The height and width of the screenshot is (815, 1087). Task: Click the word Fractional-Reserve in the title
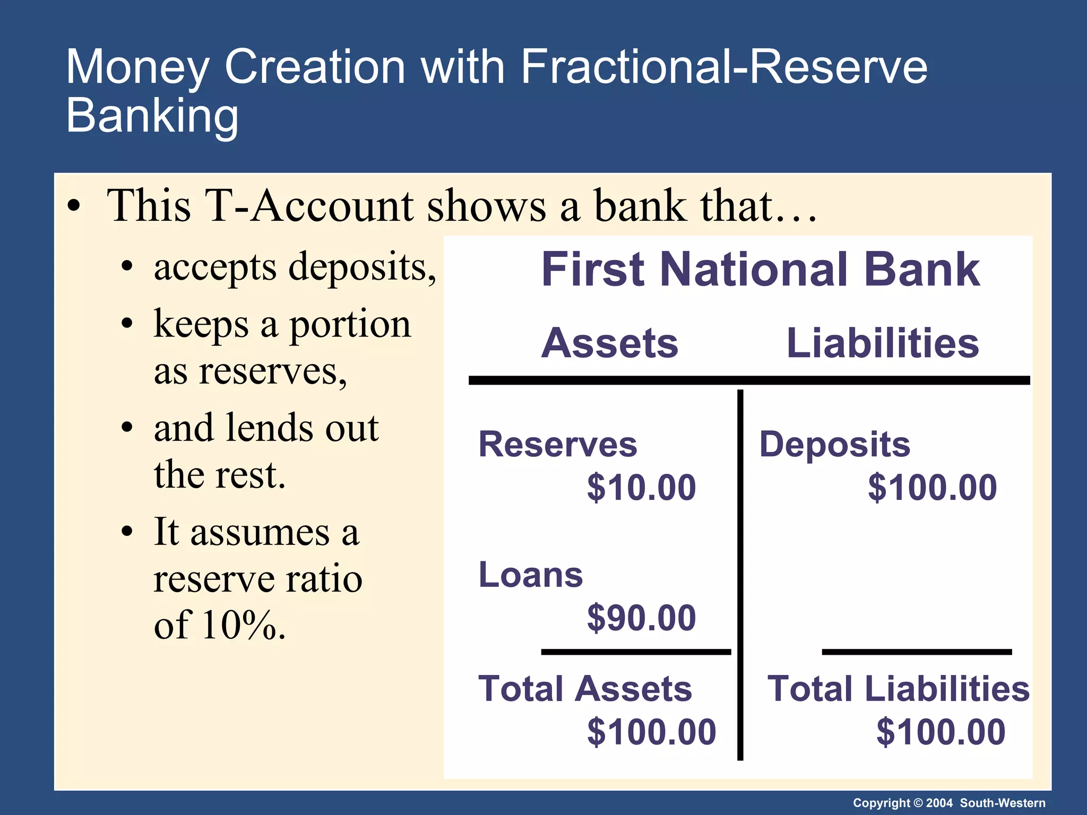point(724,67)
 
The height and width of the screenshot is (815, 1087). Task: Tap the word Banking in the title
point(152,116)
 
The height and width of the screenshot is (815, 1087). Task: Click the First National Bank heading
point(760,270)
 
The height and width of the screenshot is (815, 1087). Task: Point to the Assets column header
point(610,343)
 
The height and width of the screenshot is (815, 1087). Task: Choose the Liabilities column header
point(883,343)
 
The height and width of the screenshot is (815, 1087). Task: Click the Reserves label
point(558,444)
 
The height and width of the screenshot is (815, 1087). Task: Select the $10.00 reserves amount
point(641,488)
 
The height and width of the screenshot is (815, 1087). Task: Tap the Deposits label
point(835,444)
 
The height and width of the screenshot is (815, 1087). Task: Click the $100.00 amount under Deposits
point(933,488)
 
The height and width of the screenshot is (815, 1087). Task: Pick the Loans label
point(531,575)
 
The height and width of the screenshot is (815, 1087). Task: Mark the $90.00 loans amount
point(641,618)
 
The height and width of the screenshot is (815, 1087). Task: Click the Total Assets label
point(585,689)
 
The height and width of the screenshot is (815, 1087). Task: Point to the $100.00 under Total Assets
point(652,732)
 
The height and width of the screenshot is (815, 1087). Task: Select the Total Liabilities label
point(899,689)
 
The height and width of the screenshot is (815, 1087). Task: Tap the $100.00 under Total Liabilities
point(941,732)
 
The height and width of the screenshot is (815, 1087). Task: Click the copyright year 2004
point(939,803)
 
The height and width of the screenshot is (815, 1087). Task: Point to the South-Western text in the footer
point(1003,803)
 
